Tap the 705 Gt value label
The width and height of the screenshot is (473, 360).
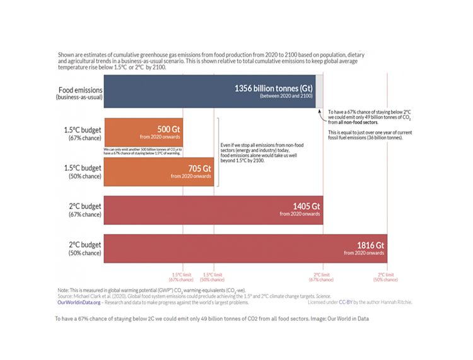(200, 168)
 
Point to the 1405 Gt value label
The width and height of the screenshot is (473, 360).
(307, 206)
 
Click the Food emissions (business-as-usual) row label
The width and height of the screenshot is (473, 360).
(80, 94)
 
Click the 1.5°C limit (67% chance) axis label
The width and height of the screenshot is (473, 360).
(181, 277)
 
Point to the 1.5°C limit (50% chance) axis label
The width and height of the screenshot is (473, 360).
(212, 277)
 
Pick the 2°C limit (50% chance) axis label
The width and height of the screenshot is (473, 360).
(387, 277)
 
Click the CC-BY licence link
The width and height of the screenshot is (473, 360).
(346, 302)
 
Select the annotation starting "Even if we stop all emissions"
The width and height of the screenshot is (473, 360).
(259, 153)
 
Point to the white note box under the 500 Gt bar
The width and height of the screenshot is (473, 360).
(143, 151)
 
